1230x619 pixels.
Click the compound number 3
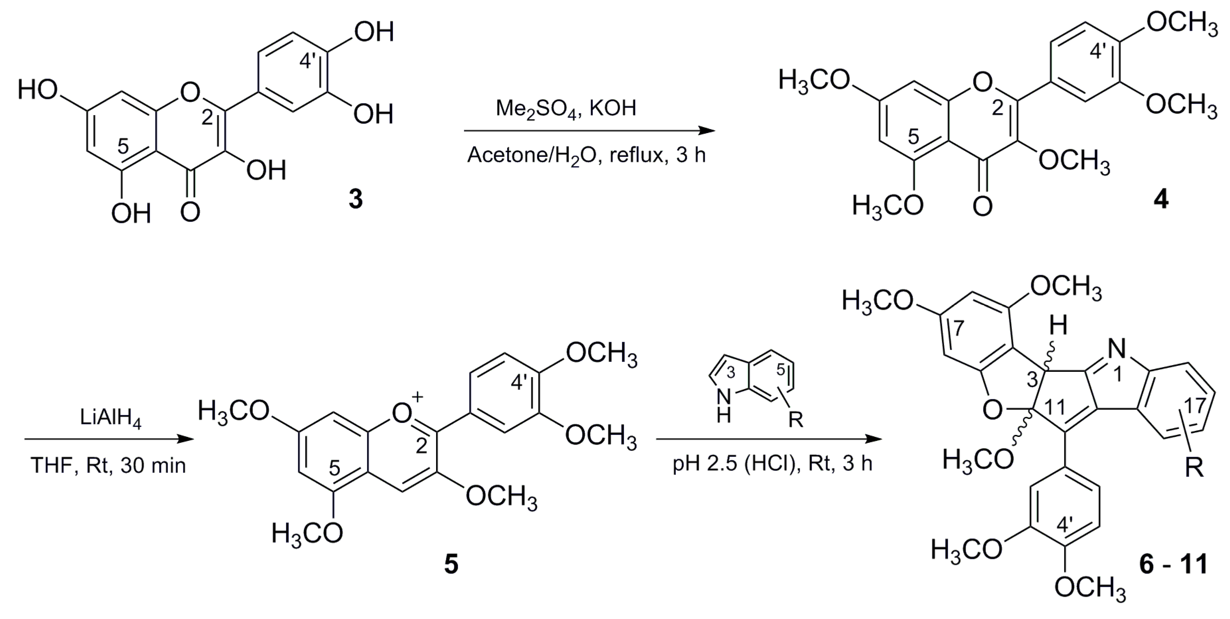coord(355,199)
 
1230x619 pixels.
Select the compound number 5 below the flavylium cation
coord(451,565)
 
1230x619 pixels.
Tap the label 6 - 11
coord(1173,565)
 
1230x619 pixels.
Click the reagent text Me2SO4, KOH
coord(566,109)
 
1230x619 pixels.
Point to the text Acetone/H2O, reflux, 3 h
coord(586,155)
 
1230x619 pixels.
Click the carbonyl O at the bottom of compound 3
coord(191,211)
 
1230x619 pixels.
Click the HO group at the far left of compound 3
coord(38,90)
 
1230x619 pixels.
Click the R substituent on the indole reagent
coord(796,420)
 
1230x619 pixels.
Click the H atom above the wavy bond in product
coord(1059,327)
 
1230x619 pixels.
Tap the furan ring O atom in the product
coord(992,410)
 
